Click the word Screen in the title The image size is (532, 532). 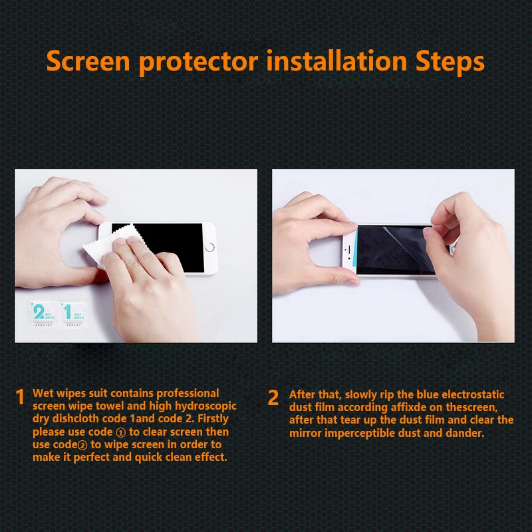[88, 61]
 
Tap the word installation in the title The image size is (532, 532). [336, 61]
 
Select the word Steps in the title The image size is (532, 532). [450, 63]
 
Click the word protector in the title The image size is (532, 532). [198, 63]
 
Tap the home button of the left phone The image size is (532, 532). [210, 247]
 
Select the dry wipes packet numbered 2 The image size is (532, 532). [42, 314]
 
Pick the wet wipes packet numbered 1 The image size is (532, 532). [73, 314]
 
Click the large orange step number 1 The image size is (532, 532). [21, 396]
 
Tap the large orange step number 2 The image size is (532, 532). [273, 397]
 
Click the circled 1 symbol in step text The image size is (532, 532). [121, 433]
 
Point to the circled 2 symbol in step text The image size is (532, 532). [82, 445]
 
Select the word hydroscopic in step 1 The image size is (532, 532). [205, 406]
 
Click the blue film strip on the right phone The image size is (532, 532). [356, 249]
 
